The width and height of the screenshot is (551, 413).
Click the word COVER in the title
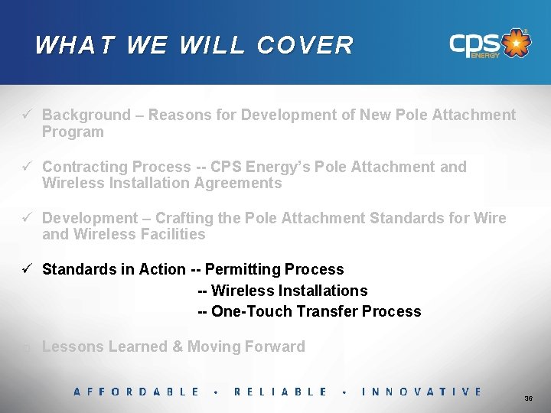tap(305, 45)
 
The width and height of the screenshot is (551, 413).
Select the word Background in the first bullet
tap(86, 115)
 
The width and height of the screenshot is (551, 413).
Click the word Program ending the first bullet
tap(73, 132)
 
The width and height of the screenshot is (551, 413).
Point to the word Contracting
tap(84, 167)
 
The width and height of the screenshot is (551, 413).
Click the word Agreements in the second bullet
tap(237, 184)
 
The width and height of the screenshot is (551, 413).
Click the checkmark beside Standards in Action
tap(26, 269)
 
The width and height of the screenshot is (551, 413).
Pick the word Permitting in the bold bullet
tap(244, 269)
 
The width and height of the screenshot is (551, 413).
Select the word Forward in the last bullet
tap(272, 346)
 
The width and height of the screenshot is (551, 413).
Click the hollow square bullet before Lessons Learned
tap(26, 348)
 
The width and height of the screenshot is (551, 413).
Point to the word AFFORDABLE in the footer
tap(136, 392)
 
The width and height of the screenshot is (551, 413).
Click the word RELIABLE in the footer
tap(280, 392)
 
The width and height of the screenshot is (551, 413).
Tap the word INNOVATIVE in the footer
tap(422, 392)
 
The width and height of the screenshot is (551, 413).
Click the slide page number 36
tap(528, 399)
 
